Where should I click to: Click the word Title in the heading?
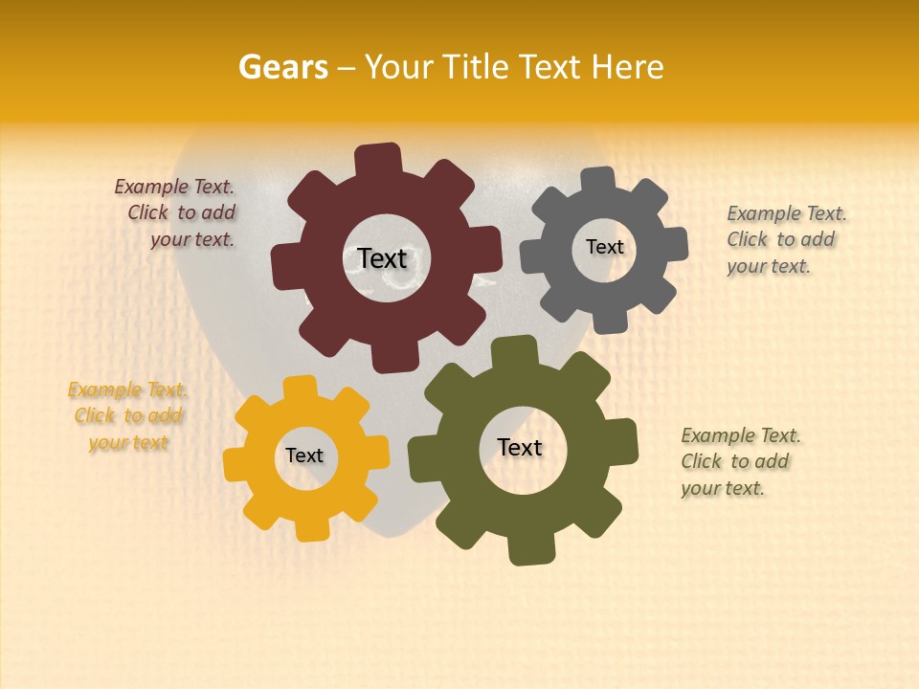click(482, 67)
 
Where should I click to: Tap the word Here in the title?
click(628, 67)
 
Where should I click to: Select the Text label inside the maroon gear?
click(382, 258)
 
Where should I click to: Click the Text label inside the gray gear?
click(604, 247)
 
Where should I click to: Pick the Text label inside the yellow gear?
click(304, 456)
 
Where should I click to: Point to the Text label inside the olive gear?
click(520, 447)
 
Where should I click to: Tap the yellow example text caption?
click(128, 416)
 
